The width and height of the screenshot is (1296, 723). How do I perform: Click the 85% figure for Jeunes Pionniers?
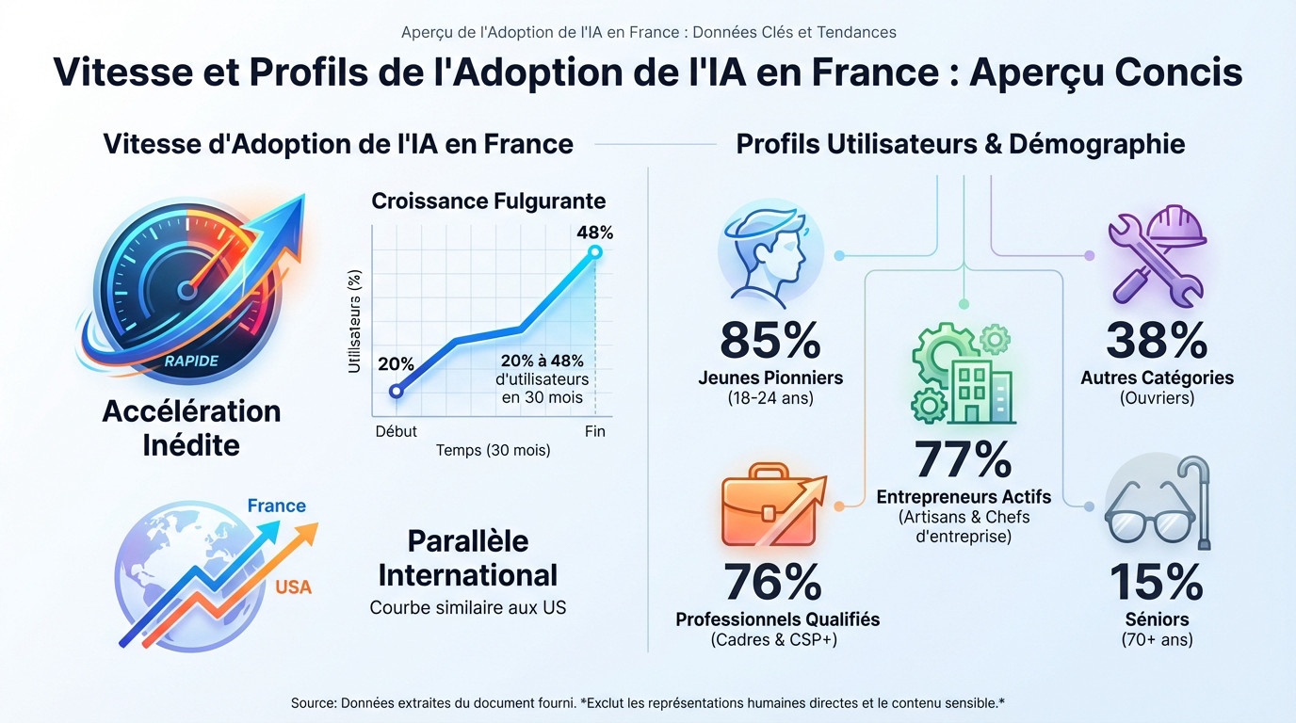pos(770,341)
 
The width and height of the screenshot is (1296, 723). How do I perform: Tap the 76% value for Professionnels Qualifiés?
pos(772,583)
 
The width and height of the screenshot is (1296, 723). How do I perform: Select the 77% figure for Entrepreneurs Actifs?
pos(963,459)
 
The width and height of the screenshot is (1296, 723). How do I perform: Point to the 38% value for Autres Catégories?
pos(1157,341)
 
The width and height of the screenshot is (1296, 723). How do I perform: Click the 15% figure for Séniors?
pos(1156,583)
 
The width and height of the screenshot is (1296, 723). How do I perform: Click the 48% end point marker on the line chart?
pos(594,251)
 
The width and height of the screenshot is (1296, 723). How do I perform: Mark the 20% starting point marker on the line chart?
pos(396,391)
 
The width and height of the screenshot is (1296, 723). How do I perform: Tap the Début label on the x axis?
pos(396,431)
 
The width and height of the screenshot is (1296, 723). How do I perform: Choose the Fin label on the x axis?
pos(594,431)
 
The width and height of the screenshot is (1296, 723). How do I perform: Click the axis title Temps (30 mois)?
pos(493,451)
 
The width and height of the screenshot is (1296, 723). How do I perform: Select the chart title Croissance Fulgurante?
pos(488,201)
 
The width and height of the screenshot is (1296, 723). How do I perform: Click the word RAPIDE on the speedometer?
pos(191,361)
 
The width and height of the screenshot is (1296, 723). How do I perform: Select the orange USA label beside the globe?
pos(293,587)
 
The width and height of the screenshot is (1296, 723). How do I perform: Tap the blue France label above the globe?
pos(277,506)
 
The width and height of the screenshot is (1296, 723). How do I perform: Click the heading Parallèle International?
pos(468,557)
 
